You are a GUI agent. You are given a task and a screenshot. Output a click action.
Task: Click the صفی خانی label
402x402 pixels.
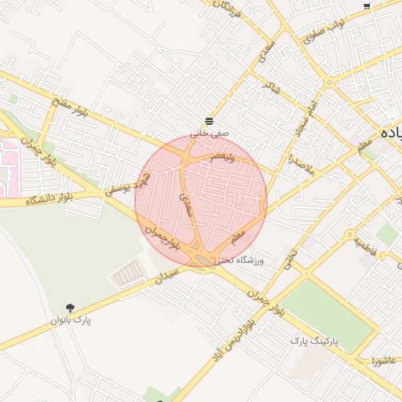point(210,133)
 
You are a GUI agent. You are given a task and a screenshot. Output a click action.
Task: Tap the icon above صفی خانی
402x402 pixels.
point(210,121)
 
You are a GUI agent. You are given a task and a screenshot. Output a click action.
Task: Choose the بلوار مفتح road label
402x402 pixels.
point(71,108)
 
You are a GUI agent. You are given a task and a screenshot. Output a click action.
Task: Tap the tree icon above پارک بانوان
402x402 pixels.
point(71,308)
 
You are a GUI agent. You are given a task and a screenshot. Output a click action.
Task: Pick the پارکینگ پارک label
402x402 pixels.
point(313,342)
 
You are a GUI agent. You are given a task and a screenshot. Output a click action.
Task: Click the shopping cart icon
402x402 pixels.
point(367,6)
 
